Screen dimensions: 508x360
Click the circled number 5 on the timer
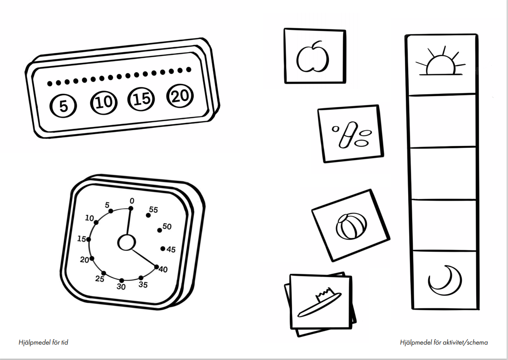point(63,106)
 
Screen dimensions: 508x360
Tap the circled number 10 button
point(104,102)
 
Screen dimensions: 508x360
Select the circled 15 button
point(142,99)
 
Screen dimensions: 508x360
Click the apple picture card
point(315,56)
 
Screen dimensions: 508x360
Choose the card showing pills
point(351,133)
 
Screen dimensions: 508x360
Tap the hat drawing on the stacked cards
point(319,302)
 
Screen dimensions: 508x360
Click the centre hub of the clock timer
point(127,243)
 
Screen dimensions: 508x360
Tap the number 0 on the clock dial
point(132,201)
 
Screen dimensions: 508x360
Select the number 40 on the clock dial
point(163,269)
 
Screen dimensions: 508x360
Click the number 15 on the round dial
point(82,239)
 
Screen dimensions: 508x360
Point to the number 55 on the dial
point(154,210)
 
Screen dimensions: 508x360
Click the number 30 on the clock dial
point(121,287)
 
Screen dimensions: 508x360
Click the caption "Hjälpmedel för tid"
point(44,342)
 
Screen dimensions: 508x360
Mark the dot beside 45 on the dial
point(163,248)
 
